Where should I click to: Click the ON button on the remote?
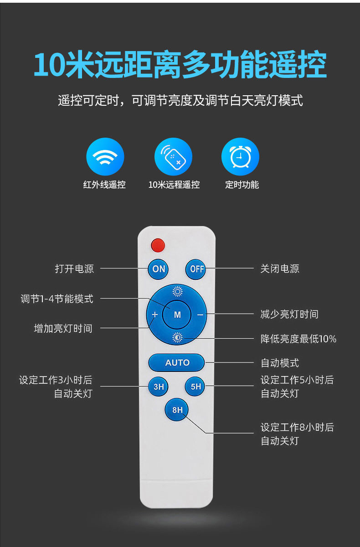pyautogui.click(x=159, y=269)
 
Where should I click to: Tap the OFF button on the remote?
pyautogui.click(x=196, y=269)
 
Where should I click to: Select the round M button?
pyautogui.click(x=177, y=315)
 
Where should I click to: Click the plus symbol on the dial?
pyautogui.click(x=155, y=315)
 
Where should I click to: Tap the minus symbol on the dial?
pyautogui.click(x=200, y=315)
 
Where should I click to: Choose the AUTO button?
pyautogui.click(x=177, y=363)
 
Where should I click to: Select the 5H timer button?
pyautogui.click(x=195, y=387)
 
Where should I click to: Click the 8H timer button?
pyautogui.click(x=177, y=410)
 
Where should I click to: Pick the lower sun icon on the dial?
pyautogui.click(x=177, y=337)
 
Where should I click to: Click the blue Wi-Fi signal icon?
pyautogui.click(x=105, y=157)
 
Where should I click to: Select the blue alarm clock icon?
pyautogui.click(x=240, y=157)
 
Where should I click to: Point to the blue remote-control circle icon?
pyautogui.click(x=173, y=157)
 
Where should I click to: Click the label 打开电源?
pyautogui.click(x=74, y=269)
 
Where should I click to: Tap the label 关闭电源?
pyautogui.click(x=280, y=269)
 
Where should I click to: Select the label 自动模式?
pyautogui.click(x=280, y=363)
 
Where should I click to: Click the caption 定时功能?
pyautogui.click(x=242, y=185)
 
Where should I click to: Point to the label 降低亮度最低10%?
pyautogui.click(x=298, y=339)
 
